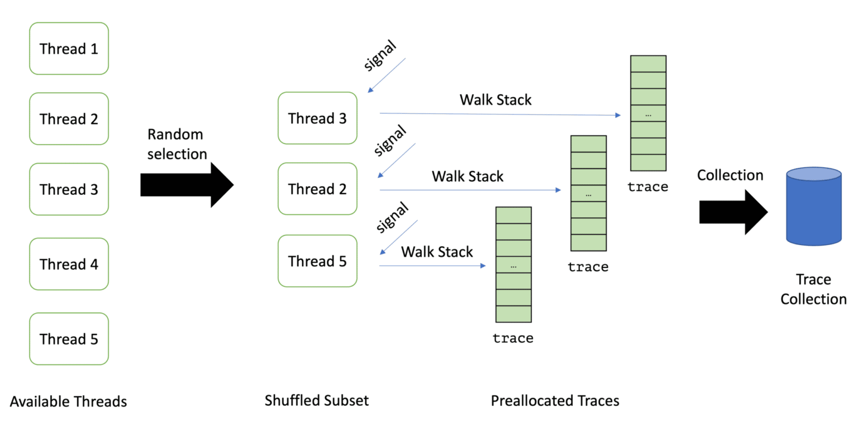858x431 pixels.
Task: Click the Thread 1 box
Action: point(69,49)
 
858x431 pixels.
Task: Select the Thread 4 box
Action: point(69,264)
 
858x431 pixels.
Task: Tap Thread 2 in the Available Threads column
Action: point(69,119)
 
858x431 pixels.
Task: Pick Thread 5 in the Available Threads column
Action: point(69,339)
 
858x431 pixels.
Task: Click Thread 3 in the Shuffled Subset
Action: point(317,118)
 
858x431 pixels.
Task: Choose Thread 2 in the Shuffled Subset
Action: point(317,189)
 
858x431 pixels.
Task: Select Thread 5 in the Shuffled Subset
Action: point(317,261)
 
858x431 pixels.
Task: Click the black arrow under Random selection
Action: point(187,185)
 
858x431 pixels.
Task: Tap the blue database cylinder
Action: point(813,206)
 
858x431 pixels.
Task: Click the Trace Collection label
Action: point(813,289)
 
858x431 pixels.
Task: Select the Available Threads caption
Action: point(68,401)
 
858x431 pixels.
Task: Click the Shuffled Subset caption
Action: point(317,401)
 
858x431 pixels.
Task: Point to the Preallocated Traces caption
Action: point(555,401)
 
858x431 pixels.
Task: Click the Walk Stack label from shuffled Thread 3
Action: point(495,100)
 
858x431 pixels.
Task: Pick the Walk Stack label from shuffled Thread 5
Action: point(437,252)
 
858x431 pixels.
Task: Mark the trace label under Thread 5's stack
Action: point(513,338)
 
